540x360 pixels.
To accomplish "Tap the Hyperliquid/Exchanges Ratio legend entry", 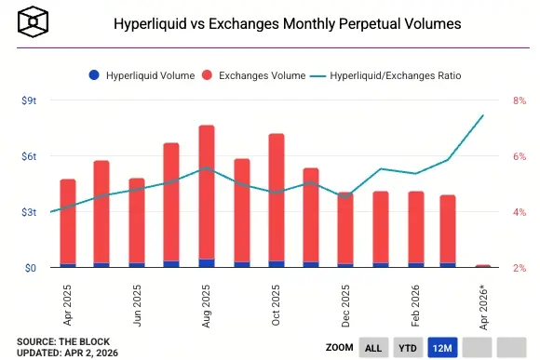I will pyautogui.click(x=386, y=73).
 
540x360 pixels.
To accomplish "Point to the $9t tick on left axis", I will pyautogui.click(x=28, y=101).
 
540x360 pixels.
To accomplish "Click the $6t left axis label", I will pyautogui.click(x=28, y=156).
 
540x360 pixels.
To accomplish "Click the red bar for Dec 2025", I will pyautogui.click(x=345, y=227).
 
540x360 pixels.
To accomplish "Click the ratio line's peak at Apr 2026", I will pyautogui.click(x=483, y=115).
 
